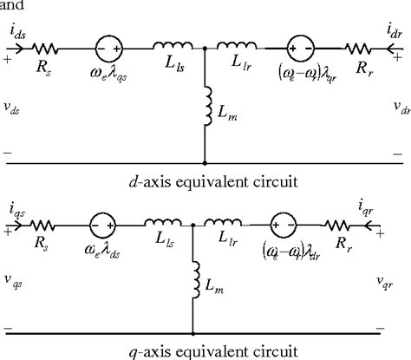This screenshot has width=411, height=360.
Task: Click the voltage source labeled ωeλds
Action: [109, 226]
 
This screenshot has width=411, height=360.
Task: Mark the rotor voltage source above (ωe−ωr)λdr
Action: [299, 226]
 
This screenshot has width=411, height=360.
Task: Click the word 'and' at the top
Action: [11, 4]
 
